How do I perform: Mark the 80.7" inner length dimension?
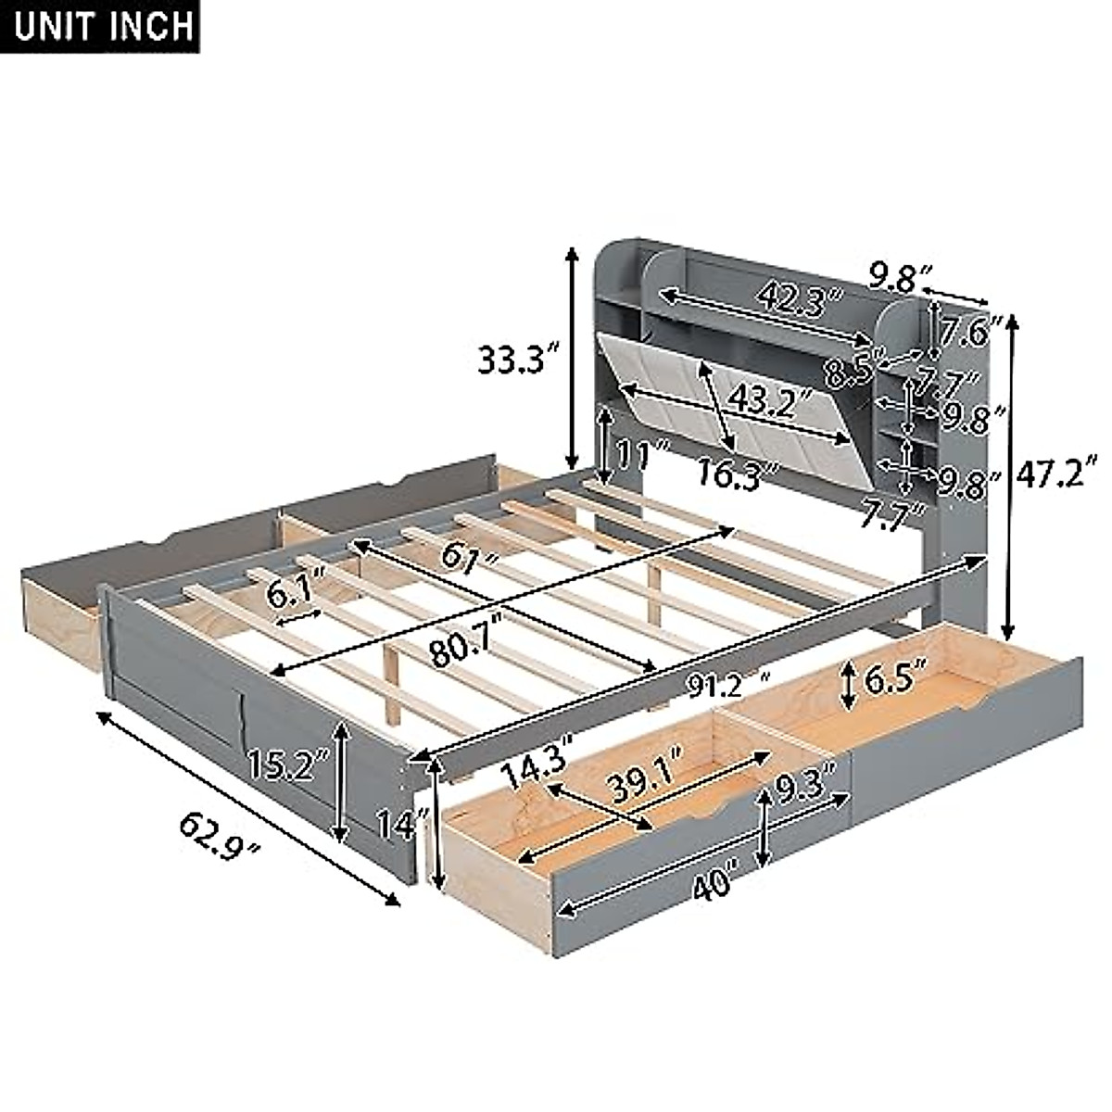tap(462, 646)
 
